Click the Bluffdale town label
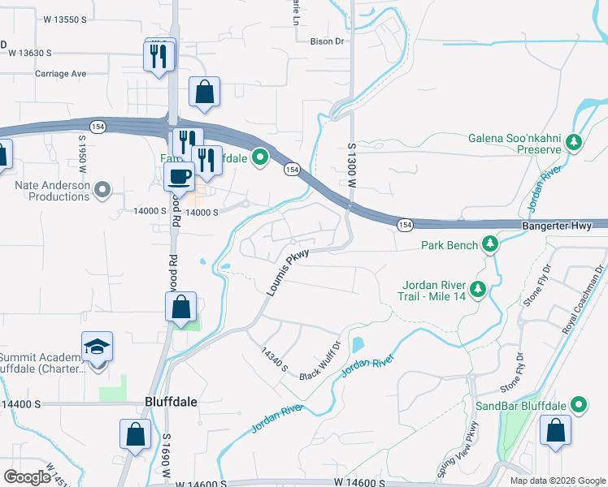171,401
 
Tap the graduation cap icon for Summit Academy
97,347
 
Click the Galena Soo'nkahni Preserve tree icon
574,143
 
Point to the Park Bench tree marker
489,243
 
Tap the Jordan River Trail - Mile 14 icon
479,288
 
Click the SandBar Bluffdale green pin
579,404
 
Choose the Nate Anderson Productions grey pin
102,191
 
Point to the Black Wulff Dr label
318,371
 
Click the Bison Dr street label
328,40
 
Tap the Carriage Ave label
60,73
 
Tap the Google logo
28,476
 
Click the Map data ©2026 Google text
557,481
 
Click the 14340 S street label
274,360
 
